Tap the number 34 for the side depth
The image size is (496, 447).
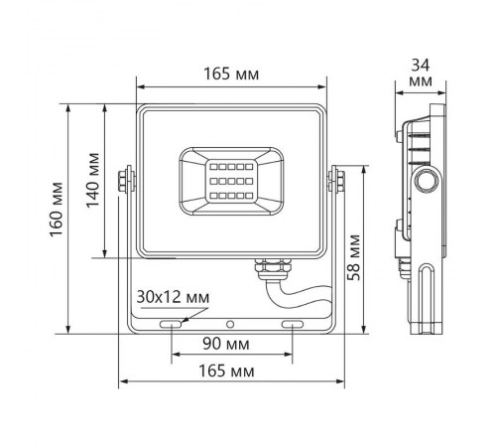[420, 65]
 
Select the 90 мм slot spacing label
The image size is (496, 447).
[230, 344]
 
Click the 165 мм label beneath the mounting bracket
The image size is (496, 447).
[230, 371]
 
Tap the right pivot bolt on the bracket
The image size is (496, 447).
[334, 179]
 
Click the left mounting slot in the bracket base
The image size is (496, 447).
[170, 325]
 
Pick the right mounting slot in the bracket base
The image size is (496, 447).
[294, 325]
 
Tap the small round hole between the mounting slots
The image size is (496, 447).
[231, 325]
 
